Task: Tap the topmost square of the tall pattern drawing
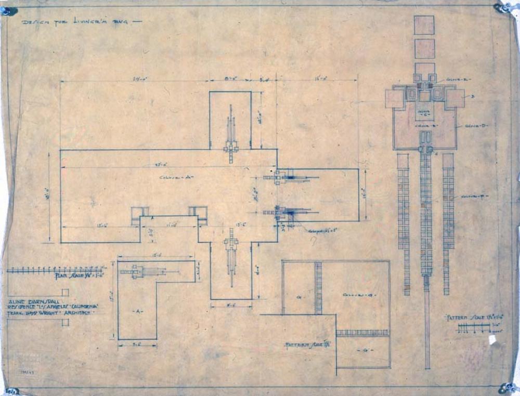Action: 424,25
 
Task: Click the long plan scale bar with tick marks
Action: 55,270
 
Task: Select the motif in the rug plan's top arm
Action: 231,136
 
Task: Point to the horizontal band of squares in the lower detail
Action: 362,333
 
